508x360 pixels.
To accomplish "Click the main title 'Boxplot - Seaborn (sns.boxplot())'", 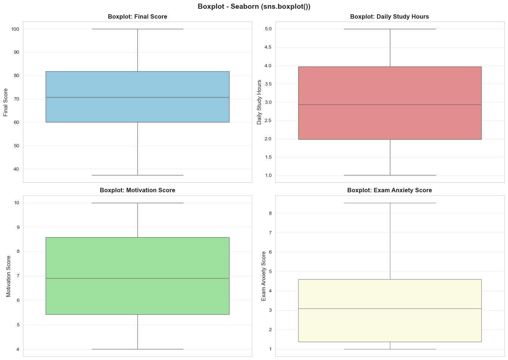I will point(254,7).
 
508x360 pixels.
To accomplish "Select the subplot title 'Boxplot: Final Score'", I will point(137,17).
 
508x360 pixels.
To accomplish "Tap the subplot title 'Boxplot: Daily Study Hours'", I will point(389,17).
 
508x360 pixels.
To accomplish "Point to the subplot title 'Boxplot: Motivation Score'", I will point(137,190).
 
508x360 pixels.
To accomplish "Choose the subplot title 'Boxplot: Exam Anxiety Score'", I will point(389,190).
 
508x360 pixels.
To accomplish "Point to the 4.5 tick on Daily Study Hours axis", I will point(268,48).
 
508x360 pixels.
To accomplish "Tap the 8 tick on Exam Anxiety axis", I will point(270,213).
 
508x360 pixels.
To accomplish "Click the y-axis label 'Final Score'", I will point(6,102).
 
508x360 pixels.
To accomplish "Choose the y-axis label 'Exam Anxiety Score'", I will point(264,276).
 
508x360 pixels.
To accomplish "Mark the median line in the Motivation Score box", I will point(137,278).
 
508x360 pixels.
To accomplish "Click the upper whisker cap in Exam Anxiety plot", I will point(390,203).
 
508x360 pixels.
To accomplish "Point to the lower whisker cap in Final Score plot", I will point(137,175).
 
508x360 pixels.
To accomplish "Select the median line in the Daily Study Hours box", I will point(390,105).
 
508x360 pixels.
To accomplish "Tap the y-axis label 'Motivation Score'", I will point(9,276).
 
